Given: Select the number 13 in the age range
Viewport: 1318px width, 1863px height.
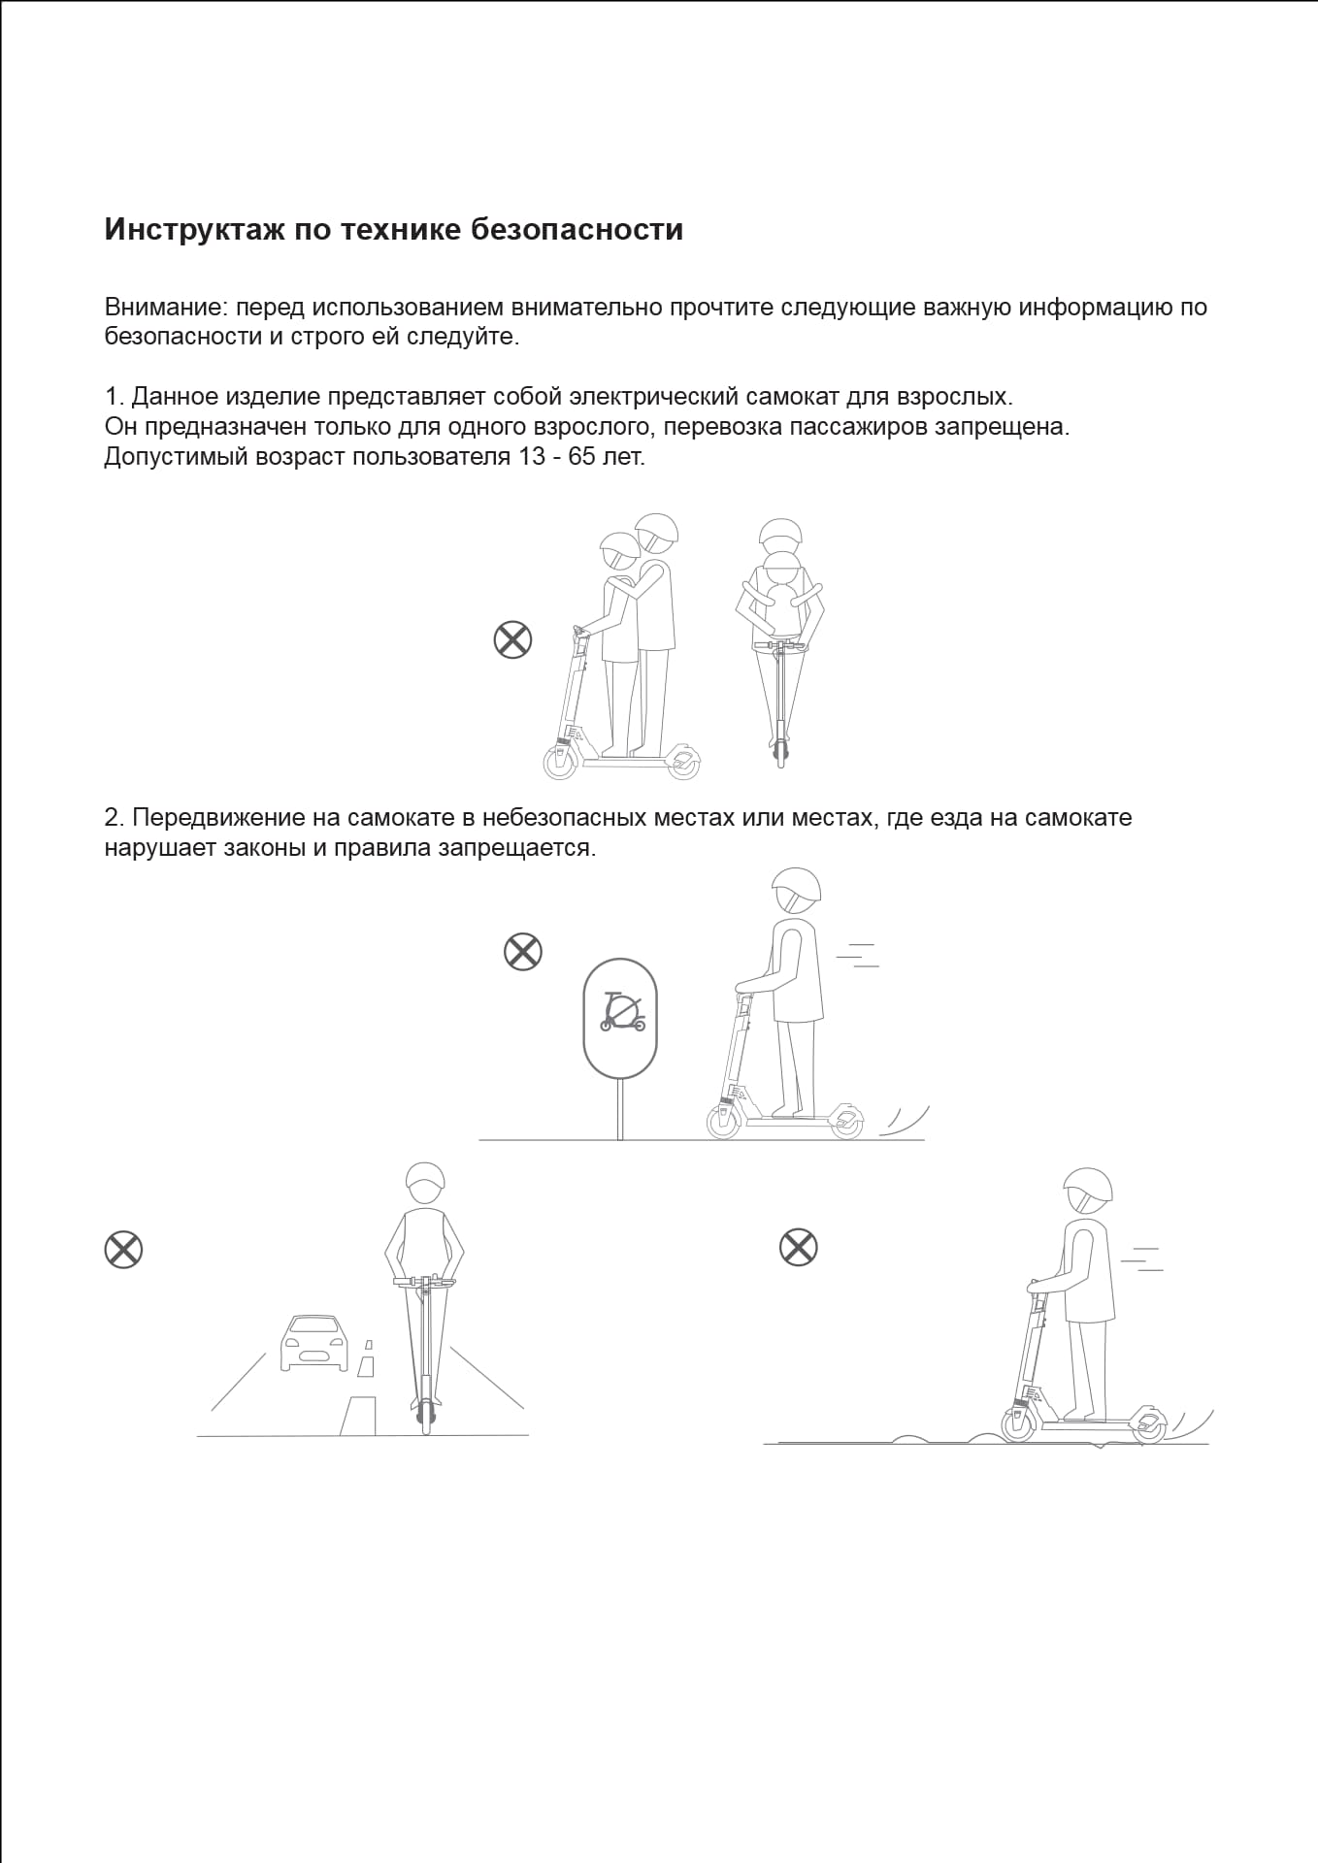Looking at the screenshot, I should tap(532, 457).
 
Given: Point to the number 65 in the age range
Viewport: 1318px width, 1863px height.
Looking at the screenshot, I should tap(581, 457).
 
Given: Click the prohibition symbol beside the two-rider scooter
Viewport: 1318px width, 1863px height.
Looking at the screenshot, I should tap(513, 640).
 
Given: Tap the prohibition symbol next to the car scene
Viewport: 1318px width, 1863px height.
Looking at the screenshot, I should tap(123, 1250).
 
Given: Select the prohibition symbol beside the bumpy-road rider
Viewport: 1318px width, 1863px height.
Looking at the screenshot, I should tap(799, 1247).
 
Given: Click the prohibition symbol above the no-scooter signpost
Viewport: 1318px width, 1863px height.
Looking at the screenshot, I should tap(523, 951).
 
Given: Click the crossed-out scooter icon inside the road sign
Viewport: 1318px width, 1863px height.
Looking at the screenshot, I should tap(621, 1012).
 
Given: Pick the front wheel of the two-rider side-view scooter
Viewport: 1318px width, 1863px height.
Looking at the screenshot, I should tap(560, 763).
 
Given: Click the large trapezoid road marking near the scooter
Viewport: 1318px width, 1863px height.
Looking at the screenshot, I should tap(359, 1415).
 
